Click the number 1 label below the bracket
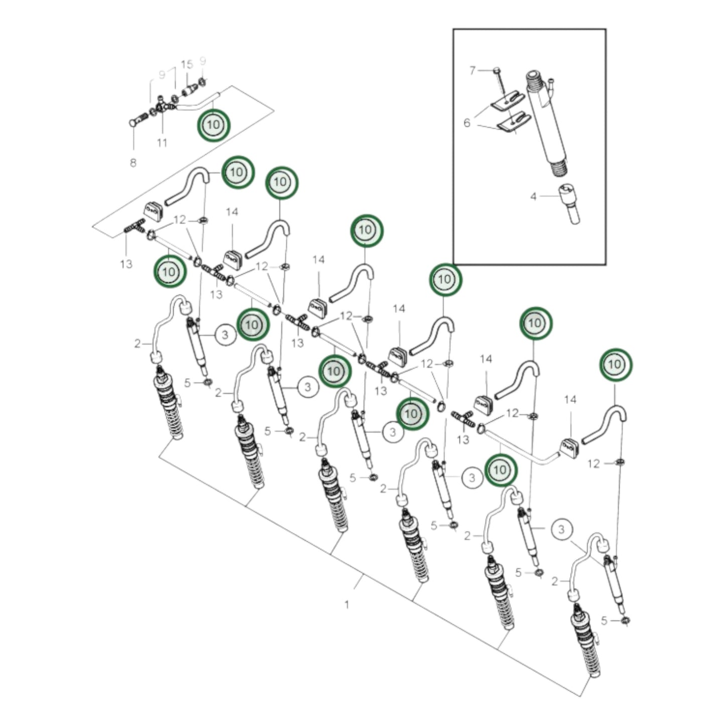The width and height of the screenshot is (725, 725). (x=347, y=605)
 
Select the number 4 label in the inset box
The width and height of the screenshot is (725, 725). (x=533, y=196)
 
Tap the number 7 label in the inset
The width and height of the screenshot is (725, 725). (x=473, y=70)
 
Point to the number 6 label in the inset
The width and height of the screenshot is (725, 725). (x=467, y=122)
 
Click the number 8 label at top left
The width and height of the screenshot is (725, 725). (x=133, y=163)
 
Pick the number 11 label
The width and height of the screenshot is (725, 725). (x=162, y=142)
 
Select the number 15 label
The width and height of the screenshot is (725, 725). (x=187, y=64)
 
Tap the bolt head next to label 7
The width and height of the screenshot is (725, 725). (x=497, y=70)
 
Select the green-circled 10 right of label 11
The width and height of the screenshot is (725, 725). (x=214, y=125)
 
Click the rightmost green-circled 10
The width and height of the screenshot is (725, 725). (x=616, y=364)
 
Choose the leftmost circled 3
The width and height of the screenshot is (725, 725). (x=225, y=335)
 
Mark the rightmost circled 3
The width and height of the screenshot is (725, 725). (x=562, y=530)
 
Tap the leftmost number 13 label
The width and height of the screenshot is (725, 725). (x=126, y=264)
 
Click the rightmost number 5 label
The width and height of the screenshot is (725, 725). (x=604, y=621)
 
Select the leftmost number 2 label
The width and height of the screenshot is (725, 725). (x=137, y=344)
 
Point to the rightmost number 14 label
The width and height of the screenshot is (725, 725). (x=570, y=399)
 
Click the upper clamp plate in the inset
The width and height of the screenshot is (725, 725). (x=508, y=102)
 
